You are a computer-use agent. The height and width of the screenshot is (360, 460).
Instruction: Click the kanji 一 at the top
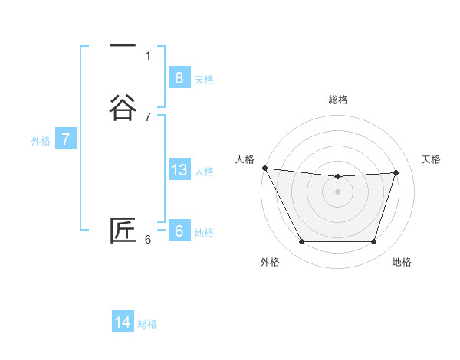pyautogui.click(x=123, y=46)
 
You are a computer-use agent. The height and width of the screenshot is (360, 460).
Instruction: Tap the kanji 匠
pyautogui.click(x=123, y=231)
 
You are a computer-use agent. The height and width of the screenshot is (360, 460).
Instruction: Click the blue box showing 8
pyautogui.click(x=179, y=77)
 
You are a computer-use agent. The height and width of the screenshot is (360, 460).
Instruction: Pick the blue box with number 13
pyautogui.click(x=179, y=170)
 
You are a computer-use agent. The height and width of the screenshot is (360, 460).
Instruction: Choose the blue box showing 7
pyautogui.click(x=66, y=139)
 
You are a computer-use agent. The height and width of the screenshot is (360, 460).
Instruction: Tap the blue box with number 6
pyautogui.click(x=179, y=231)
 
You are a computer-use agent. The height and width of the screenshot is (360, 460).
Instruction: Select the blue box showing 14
pyautogui.click(x=123, y=322)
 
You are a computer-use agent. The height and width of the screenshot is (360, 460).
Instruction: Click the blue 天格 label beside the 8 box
pyautogui.click(x=204, y=79)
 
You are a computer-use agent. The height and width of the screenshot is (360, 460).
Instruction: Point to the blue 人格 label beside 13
pyautogui.click(x=205, y=172)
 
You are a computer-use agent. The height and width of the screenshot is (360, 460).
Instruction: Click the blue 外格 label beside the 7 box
pyautogui.click(x=41, y=141)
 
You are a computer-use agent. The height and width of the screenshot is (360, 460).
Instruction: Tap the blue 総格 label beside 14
pyautogui.click(x=147, y=324)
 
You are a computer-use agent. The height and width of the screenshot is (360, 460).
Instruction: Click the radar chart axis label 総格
pyautogui.click(x=337, y=100)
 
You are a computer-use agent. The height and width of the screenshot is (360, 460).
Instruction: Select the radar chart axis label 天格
pyautogui.click(x=432, y=159)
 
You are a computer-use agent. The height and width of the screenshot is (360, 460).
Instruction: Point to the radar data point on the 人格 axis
pyautogui.click(x=264, y=168)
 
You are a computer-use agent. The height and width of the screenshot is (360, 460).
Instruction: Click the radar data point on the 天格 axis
pyautogui.click(x=396, y=172)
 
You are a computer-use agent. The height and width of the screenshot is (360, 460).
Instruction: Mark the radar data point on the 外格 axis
pyautogui.click(x=301, y=242)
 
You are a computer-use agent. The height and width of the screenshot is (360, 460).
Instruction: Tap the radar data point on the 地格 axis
pyautogui.click(x=373, y=242)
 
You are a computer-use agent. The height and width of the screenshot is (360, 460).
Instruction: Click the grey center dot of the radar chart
pyautogui.click(x=337, y=191)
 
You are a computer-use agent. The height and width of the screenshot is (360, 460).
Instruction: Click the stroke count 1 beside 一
pyautogui.click(x=148, y=55)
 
